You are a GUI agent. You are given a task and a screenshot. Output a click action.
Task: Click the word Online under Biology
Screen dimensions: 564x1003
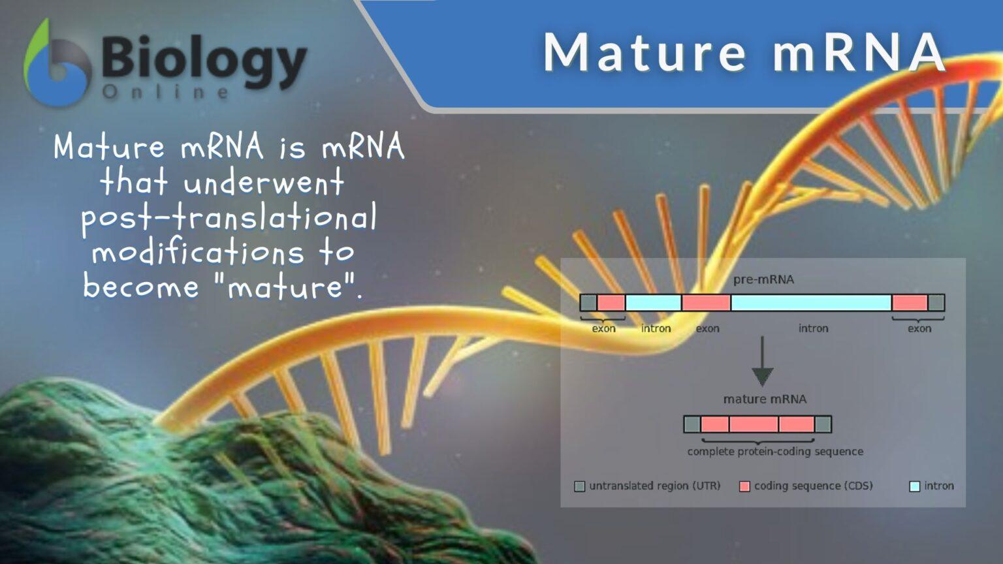tap(166, 93)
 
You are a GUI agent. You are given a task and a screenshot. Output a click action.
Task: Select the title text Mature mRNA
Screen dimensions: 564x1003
tap(744, 52)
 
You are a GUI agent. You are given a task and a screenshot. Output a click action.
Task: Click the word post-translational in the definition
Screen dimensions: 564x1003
tap(229, 217)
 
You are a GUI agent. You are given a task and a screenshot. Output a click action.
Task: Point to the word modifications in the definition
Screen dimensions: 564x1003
tap(198, 252)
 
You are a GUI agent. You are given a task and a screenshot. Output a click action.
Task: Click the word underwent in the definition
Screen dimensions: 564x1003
tap(263, 182)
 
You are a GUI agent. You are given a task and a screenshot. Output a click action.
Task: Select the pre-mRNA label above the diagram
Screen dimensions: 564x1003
tap(763, 279)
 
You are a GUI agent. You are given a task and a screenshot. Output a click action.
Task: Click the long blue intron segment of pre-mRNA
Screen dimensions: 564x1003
tap(811, 303)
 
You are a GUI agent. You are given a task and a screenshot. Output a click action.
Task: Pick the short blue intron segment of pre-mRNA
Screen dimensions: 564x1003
tap(653, 303)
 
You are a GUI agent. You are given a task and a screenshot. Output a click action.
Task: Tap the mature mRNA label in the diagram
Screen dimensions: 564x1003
tap(765, 399)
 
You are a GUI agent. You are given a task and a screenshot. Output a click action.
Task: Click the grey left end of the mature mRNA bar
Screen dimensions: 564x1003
tap(692, 424)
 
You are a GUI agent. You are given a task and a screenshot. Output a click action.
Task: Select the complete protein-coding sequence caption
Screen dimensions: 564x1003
tap(775, 452)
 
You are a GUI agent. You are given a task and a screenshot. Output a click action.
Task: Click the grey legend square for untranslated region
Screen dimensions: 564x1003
tap(579, 486)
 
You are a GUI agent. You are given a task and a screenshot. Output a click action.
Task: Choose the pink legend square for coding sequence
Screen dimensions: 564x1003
tap(744, 486)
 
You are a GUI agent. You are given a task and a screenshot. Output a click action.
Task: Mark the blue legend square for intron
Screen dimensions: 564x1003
tap(915, 486)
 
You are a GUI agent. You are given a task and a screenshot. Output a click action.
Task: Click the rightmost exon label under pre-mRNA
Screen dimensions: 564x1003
tap(919, 328)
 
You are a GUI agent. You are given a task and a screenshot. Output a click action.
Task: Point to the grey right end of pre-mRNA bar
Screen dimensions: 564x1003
tap(936, 303)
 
